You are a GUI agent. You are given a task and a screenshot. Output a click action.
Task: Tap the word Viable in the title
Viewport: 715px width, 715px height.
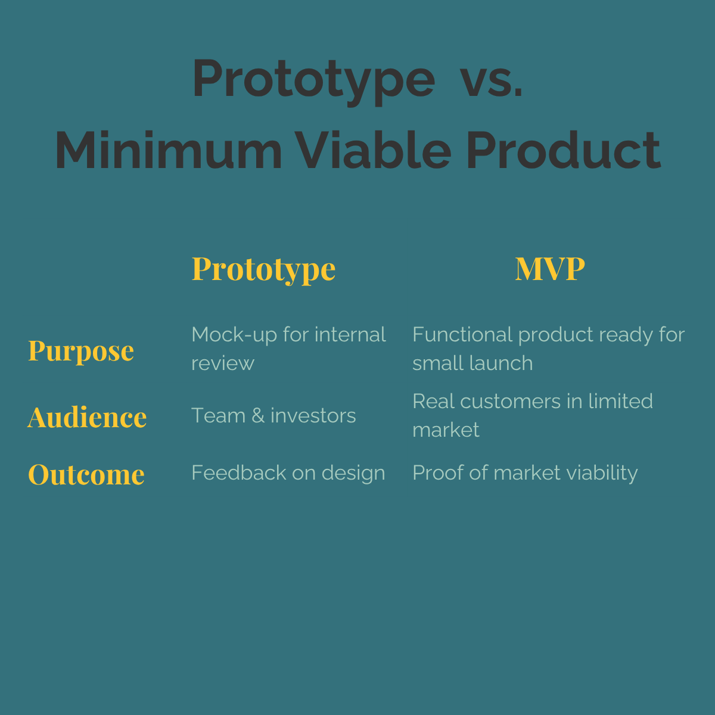click(x=374, y=151)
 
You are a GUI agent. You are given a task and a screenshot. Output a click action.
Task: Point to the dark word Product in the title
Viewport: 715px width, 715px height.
click(x=563, y=151)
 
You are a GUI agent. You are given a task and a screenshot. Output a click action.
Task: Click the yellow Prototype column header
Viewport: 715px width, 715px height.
click(x=263, y=269)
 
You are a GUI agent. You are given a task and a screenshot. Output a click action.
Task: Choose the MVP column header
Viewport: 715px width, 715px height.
click(x=549, y=269)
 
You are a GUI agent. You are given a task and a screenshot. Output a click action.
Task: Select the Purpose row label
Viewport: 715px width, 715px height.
click(x=81, y=351)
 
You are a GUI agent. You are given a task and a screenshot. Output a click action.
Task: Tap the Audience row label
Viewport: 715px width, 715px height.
click(x=87, y=417)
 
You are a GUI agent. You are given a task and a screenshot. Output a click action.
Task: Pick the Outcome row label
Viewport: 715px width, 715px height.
click(x=86, y=475)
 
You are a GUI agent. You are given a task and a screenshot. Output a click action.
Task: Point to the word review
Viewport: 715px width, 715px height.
click(x=222, y=363)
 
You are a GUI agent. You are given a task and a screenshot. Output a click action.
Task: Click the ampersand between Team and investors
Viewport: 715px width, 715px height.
click(x=258, y=416)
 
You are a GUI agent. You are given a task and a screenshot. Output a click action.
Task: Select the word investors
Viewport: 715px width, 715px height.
click(x=313, y=416)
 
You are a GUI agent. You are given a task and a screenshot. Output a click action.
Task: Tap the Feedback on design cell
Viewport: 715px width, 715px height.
click(x=288, y=473)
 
